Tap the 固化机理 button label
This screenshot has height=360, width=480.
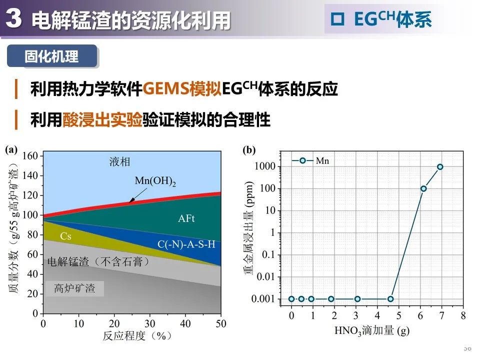pos(51,56)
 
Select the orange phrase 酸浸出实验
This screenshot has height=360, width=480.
pos(102,120)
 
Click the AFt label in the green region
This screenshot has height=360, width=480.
pos(186,218)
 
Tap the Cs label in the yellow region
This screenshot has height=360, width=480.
pos(65,236)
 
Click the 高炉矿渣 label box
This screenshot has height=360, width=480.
pos(74,288)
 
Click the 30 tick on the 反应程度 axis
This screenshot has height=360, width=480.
pos(149,324)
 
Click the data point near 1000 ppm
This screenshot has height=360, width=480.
pos(440,167)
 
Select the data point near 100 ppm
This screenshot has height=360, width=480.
pos(423,188)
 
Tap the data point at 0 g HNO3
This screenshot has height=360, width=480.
pos(291,299)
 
